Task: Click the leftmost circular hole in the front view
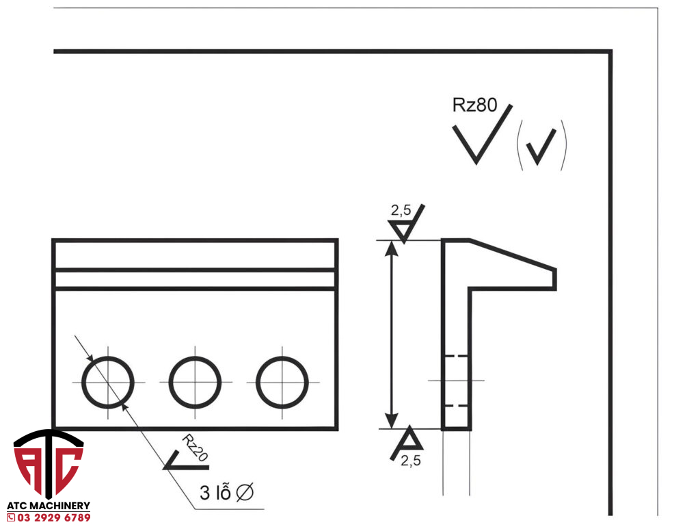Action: click(108, 382)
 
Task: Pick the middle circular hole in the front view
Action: click(195, 382)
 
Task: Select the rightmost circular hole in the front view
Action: click(282, 382)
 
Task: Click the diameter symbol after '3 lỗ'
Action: click(245, 493)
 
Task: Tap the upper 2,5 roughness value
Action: click(401, 210)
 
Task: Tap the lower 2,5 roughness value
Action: click(411, 461)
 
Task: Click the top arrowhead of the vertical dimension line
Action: click(391, 248)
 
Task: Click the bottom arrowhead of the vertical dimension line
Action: click(391, 421)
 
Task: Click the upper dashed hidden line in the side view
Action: click(456, 357)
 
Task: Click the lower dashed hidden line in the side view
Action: click(456, 406)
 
